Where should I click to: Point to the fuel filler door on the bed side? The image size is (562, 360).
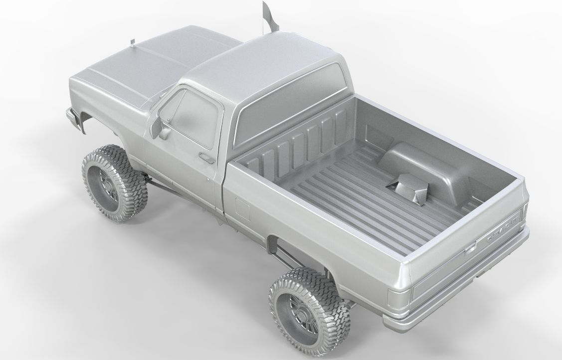click(242, 208)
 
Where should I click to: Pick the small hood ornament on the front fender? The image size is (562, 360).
click(132, 42)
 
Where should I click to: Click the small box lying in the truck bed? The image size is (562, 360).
click(408, 189)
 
